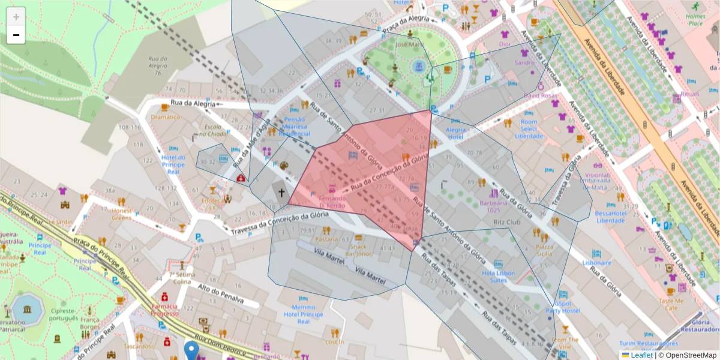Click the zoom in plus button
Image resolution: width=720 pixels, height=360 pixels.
(16, 17)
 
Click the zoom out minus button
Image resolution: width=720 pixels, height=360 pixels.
(16, 35)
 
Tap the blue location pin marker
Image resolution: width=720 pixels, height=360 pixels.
(191, 349)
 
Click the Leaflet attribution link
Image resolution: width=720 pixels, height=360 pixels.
(641, 355)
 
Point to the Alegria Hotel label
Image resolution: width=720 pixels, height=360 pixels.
(456, 133)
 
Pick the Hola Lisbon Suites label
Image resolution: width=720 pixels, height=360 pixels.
(498, 276)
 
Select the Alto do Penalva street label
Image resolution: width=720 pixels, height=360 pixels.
(220, 295)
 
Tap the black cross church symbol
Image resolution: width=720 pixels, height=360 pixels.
(281, 193)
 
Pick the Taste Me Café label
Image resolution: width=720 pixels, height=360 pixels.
(671, 304)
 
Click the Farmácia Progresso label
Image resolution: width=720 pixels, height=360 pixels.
(164, 309)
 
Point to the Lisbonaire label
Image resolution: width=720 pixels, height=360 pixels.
(596, 263)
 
